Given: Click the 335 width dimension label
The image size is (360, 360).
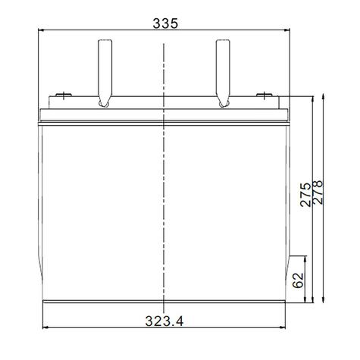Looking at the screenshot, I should coord(164,23).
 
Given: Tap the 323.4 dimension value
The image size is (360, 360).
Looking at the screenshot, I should coord(164,321).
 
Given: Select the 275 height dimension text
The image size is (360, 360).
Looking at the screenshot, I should coord(304,196).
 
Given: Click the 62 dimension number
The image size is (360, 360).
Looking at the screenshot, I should coord(298,280).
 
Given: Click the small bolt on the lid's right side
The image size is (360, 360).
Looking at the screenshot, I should coord(263,95).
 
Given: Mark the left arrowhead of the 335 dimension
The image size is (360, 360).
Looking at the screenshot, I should coord(42,30).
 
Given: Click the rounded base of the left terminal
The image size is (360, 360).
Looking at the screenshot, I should coord(103,101).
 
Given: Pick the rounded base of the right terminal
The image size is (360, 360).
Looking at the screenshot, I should coord(223,101).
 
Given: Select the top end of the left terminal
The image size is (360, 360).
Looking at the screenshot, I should coord(103,41).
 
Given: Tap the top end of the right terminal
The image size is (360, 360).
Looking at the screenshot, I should coord(223,41).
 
